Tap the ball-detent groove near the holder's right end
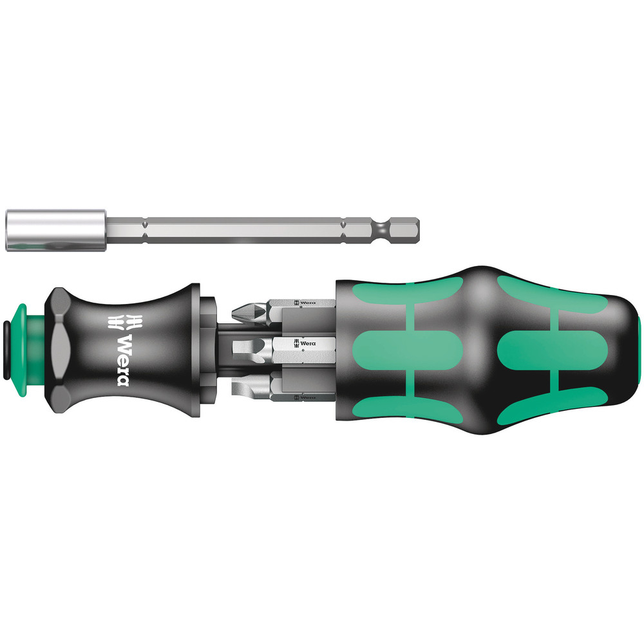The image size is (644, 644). (x=385, y=229)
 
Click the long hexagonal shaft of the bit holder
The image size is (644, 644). (x=245, y=230)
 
